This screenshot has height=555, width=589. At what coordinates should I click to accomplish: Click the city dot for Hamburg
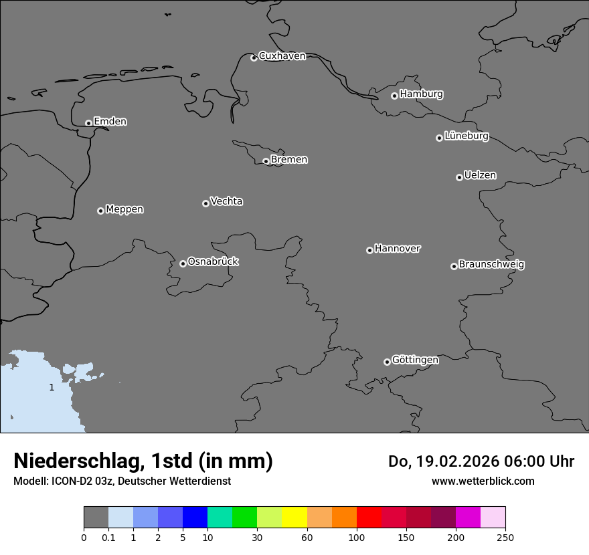pyautogui.click(x=394, y=96)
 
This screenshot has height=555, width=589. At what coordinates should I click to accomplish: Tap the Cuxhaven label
pyautogui.click(x=282, y=56)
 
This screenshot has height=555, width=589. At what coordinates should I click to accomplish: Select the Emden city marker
pyautogui.click(x=88, y=123)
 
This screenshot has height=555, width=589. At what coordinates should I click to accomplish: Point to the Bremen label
pyautogui.click(x=289, y=160)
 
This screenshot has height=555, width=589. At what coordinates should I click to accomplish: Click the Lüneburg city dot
pyautogui.click(x=439, y=138)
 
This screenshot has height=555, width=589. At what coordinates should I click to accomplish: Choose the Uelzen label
pyautogui.click(x=480, y=175)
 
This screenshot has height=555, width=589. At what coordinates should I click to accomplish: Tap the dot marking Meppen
pyautogui.click(x=100, y=211)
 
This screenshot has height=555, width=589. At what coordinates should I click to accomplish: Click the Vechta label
pyautogui.click(x=226, y=201)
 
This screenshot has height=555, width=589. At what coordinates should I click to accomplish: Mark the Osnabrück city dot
pyautogui.click(x=183, y=263)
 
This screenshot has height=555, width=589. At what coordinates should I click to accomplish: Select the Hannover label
pyautogui.click(x=398, y=249)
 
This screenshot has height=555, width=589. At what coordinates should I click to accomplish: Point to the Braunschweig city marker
pyautogui.click(x=454, y=266)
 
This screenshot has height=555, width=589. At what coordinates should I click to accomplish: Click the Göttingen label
pyautogui.click(x=415, y=360)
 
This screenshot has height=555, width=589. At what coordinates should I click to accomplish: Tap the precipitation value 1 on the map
pyautogui.click(x=52, y=387)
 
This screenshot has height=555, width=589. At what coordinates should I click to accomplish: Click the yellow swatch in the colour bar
pyautogui.click(x=294, y=518)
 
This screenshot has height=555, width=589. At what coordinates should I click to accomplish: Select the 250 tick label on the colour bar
pyautogui.click(x=505, y=537)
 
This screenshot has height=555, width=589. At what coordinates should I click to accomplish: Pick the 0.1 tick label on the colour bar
pyautogui.click(x=108, y=537)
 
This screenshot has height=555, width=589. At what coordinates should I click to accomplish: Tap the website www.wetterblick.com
pyautogui.click(x=483, y=481)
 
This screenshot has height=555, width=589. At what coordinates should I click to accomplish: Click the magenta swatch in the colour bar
pyautogui.click(x=468, y=518)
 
